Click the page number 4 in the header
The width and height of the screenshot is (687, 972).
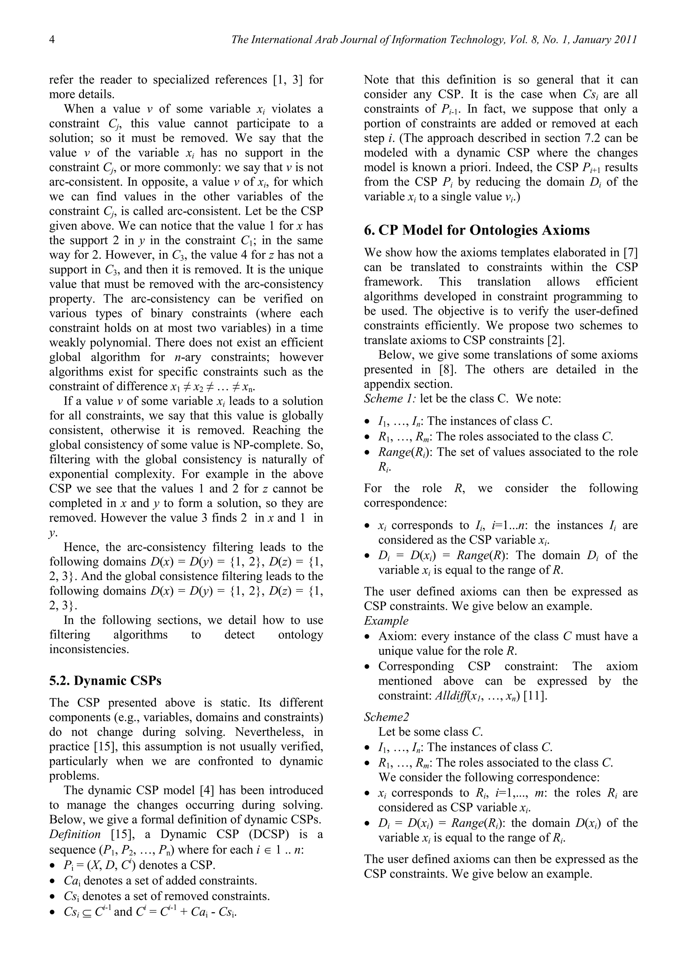point(52,40)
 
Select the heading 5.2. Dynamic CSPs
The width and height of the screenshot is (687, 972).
point(105,680)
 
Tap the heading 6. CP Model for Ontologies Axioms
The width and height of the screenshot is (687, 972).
point(477,230)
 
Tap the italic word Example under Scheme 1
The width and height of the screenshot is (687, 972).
point(386,621)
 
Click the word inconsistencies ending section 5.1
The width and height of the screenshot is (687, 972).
point(89,649)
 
